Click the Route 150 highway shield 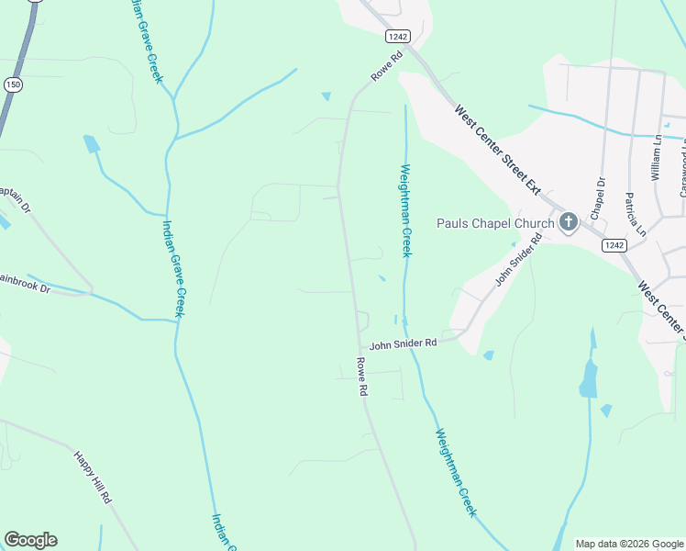(x=13, y=84)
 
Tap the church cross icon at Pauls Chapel (x=568, y=222)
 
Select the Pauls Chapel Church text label (x=495, y=223)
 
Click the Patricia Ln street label (x=629, y=215)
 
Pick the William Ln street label (x=657, y=158)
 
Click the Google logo (x=30, y=540)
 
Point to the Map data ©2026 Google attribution (x=629, y=544)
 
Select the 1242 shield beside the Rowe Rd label (x=397, y=36)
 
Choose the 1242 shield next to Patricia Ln (x=614, y=245)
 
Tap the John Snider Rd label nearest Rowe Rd (x=403, y=343)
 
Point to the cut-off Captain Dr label (x=15, y=197)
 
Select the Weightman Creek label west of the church (x=404, y=210)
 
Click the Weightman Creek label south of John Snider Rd (x=456, y=472)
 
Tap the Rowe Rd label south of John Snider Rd (x=362, y=377)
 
